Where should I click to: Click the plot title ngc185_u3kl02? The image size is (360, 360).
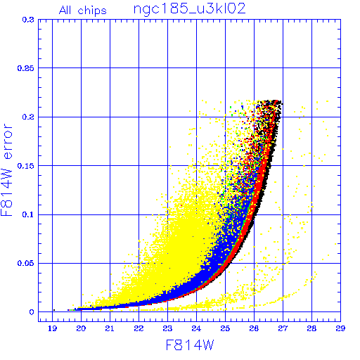coord(189,10)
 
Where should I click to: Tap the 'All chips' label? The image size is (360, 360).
coord(83,11)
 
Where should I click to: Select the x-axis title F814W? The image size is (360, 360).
coord(190,345)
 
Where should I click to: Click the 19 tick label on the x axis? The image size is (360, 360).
coord(52,328)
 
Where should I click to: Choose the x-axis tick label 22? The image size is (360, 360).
coord(139,328)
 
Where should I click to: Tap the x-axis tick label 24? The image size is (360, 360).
coord(196,328)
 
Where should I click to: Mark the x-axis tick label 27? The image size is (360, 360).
coord(283,328)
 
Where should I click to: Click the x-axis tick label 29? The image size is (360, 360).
coord(340,328)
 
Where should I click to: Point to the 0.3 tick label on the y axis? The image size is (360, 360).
coord(28,20)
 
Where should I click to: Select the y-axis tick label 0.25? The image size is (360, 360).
coord(26,68)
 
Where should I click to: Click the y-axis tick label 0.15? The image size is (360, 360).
coord(26,166)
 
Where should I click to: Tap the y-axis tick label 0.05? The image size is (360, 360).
coord(26,263)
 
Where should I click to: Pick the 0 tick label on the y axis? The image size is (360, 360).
coord(32,312)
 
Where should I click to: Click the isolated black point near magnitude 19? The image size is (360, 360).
coord(54,310)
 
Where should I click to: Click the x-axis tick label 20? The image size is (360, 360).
coord(81,328)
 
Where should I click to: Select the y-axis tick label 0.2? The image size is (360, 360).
coord(28,117)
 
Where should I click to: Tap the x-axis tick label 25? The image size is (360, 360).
coord(225,328)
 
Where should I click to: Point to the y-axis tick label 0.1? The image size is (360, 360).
coord(28,214)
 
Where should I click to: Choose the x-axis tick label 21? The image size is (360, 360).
coord(110,328)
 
